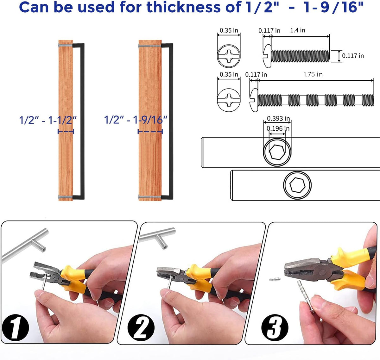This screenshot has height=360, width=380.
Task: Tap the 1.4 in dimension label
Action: [298, 30]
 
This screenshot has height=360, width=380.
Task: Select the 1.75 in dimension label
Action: [313, 74]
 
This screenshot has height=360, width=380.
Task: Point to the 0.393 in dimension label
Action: [278, 118]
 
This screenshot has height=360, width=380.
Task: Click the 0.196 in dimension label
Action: [278, 128]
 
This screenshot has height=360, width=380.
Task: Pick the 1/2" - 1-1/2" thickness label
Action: [48, 120]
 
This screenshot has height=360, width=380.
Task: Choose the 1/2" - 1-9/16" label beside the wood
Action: [136, 120]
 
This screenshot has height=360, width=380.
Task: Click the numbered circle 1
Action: [16, 327]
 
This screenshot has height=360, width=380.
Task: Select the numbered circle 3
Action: [275, 327]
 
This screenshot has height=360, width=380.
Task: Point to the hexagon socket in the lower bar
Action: [297, 185]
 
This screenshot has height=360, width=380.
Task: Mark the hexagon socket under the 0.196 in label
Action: [277, 152]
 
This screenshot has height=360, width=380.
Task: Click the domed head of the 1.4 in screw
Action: [267, 56]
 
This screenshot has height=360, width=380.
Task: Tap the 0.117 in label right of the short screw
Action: [353, 56]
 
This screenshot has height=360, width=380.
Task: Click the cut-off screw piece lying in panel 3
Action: [275, 279]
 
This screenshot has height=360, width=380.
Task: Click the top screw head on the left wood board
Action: [59, 46]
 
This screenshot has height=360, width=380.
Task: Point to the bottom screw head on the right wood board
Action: [139, 197]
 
